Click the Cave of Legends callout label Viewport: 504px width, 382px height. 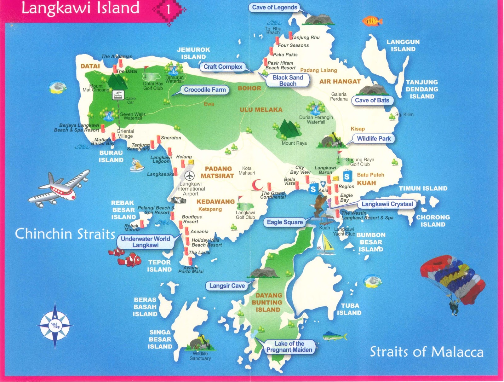(274, 8)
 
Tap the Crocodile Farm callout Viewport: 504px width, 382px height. (205, 90)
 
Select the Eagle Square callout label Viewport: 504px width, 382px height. (285, 222)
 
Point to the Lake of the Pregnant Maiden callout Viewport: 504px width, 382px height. (289, 347)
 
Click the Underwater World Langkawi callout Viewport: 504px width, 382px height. (145, 242)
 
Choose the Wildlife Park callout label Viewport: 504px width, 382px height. (374, 139)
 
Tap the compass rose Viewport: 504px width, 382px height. (55, 325)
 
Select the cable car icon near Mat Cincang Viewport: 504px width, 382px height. (118, 95)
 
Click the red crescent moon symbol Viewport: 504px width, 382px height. (257, 185)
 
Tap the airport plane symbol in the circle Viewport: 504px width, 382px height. (190, 176)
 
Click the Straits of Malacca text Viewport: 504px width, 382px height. (427, 352)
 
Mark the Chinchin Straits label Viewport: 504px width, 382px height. (65, 234)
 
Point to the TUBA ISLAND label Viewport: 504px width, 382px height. (349, 309)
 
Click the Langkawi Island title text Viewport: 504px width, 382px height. (80, 8)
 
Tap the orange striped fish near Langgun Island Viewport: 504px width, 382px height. (372, 21)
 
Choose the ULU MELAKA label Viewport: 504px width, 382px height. (261, 110)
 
